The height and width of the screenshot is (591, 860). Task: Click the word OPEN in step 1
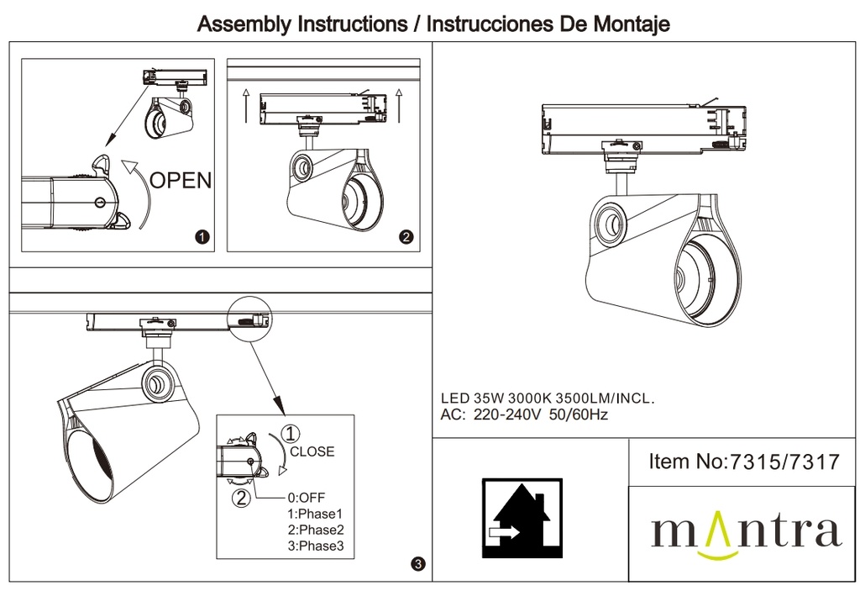click(181, 179)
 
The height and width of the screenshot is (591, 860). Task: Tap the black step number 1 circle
click(202, 237)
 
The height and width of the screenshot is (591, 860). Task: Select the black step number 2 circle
click(407, 237)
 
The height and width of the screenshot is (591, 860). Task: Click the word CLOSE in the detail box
click(312, 451)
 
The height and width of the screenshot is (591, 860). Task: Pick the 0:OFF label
click(306, 497)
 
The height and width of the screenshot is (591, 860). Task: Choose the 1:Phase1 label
click(315, 514)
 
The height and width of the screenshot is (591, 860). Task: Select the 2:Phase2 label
click(315, 530)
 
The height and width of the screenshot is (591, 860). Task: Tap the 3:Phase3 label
click(315, 546)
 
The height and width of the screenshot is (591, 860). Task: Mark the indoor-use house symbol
click(522, 518)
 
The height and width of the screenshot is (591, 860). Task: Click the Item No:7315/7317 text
click(744, 462)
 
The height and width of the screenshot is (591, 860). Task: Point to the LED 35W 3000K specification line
click(548, 399)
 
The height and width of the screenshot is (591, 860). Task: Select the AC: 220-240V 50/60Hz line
click(524, 414)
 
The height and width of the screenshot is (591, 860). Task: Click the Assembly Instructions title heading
click(433, 24)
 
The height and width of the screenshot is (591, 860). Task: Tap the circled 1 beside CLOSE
click(289, 435)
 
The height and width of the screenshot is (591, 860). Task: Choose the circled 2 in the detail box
click(241, 498)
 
